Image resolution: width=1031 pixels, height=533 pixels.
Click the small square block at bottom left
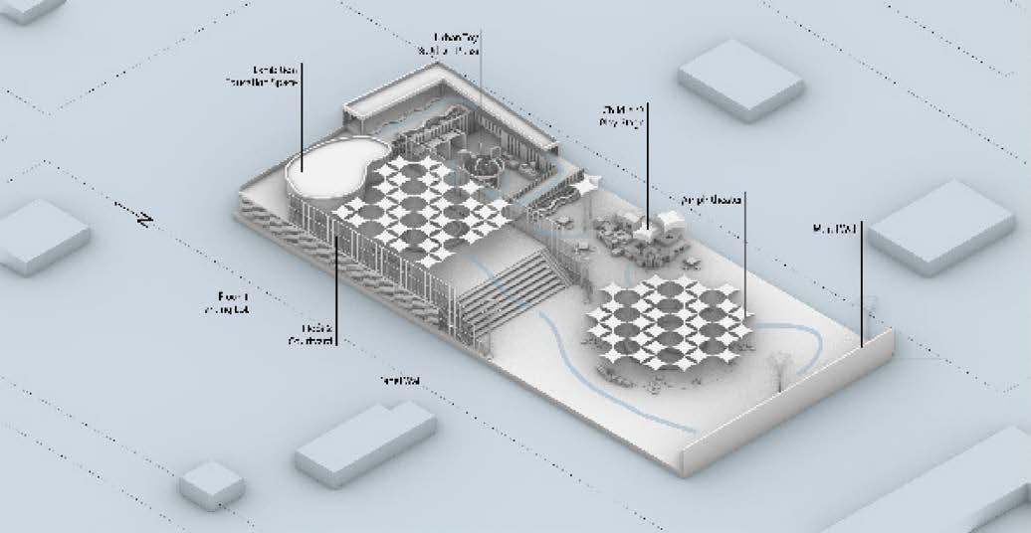(212, 484)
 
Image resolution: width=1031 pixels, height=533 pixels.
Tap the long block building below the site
(365, 443)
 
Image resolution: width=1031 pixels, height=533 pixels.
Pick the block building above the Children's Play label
(739, 79)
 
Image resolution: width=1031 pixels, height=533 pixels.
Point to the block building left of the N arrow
(42, 236)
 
